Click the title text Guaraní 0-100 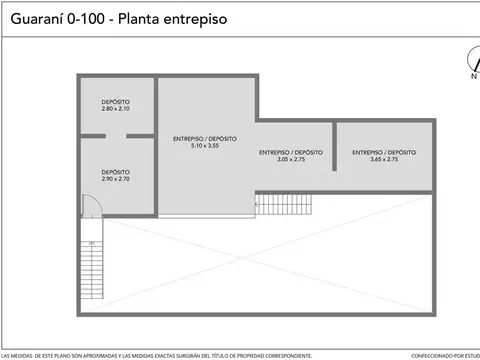(53, 17)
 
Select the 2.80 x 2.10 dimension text (116, 108)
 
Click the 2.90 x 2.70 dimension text (116, 179)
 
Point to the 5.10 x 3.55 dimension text (205, 146)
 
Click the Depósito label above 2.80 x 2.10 (116, 101)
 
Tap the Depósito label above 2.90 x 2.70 (116, 172)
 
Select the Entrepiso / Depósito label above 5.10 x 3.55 (205, 139)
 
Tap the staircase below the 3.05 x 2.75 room (286, 204)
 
